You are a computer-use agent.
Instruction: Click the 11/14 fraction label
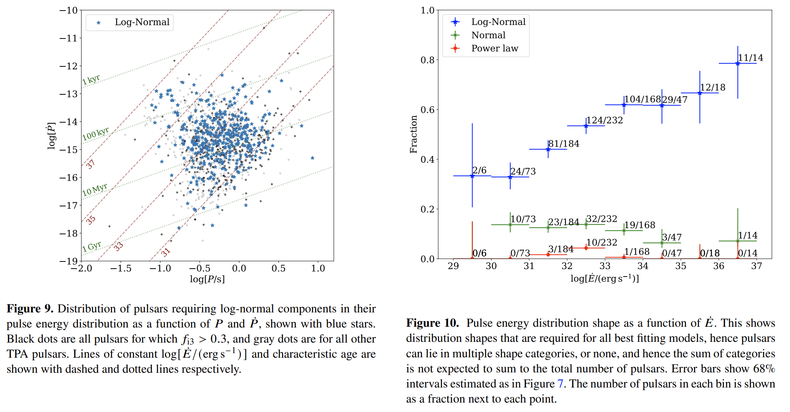click(750, 58)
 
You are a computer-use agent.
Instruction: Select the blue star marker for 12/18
click(700, 93)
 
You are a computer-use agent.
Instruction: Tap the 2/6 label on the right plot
click(479, 170)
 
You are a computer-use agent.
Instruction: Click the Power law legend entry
click(494, 48)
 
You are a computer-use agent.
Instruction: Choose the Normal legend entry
click(488, 35)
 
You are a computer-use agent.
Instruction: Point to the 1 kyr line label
click(91, 80)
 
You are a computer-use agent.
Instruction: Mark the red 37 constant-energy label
click(90, 164)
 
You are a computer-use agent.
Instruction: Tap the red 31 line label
click(166, 252)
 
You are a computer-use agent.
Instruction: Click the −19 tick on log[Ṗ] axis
click(68, 261)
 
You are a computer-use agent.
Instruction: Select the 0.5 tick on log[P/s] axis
click(279, 268)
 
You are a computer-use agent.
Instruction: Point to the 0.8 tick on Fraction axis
click(428, 60)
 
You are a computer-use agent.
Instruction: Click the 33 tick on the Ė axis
click(605, 266)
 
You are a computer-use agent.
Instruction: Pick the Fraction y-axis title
click(414, 134)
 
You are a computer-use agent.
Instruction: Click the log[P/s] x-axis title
click(207, 279)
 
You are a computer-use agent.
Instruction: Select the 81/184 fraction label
click(564, 144)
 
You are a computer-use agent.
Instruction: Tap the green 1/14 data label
click(748, 235)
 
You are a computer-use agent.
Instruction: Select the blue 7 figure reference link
click(561, 384)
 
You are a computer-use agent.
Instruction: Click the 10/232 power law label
click(602, 242)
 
